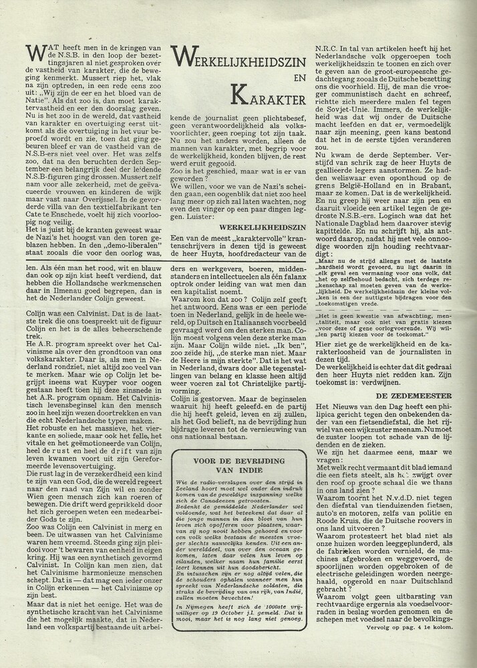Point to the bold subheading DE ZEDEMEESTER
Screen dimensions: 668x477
click(423, 396)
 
